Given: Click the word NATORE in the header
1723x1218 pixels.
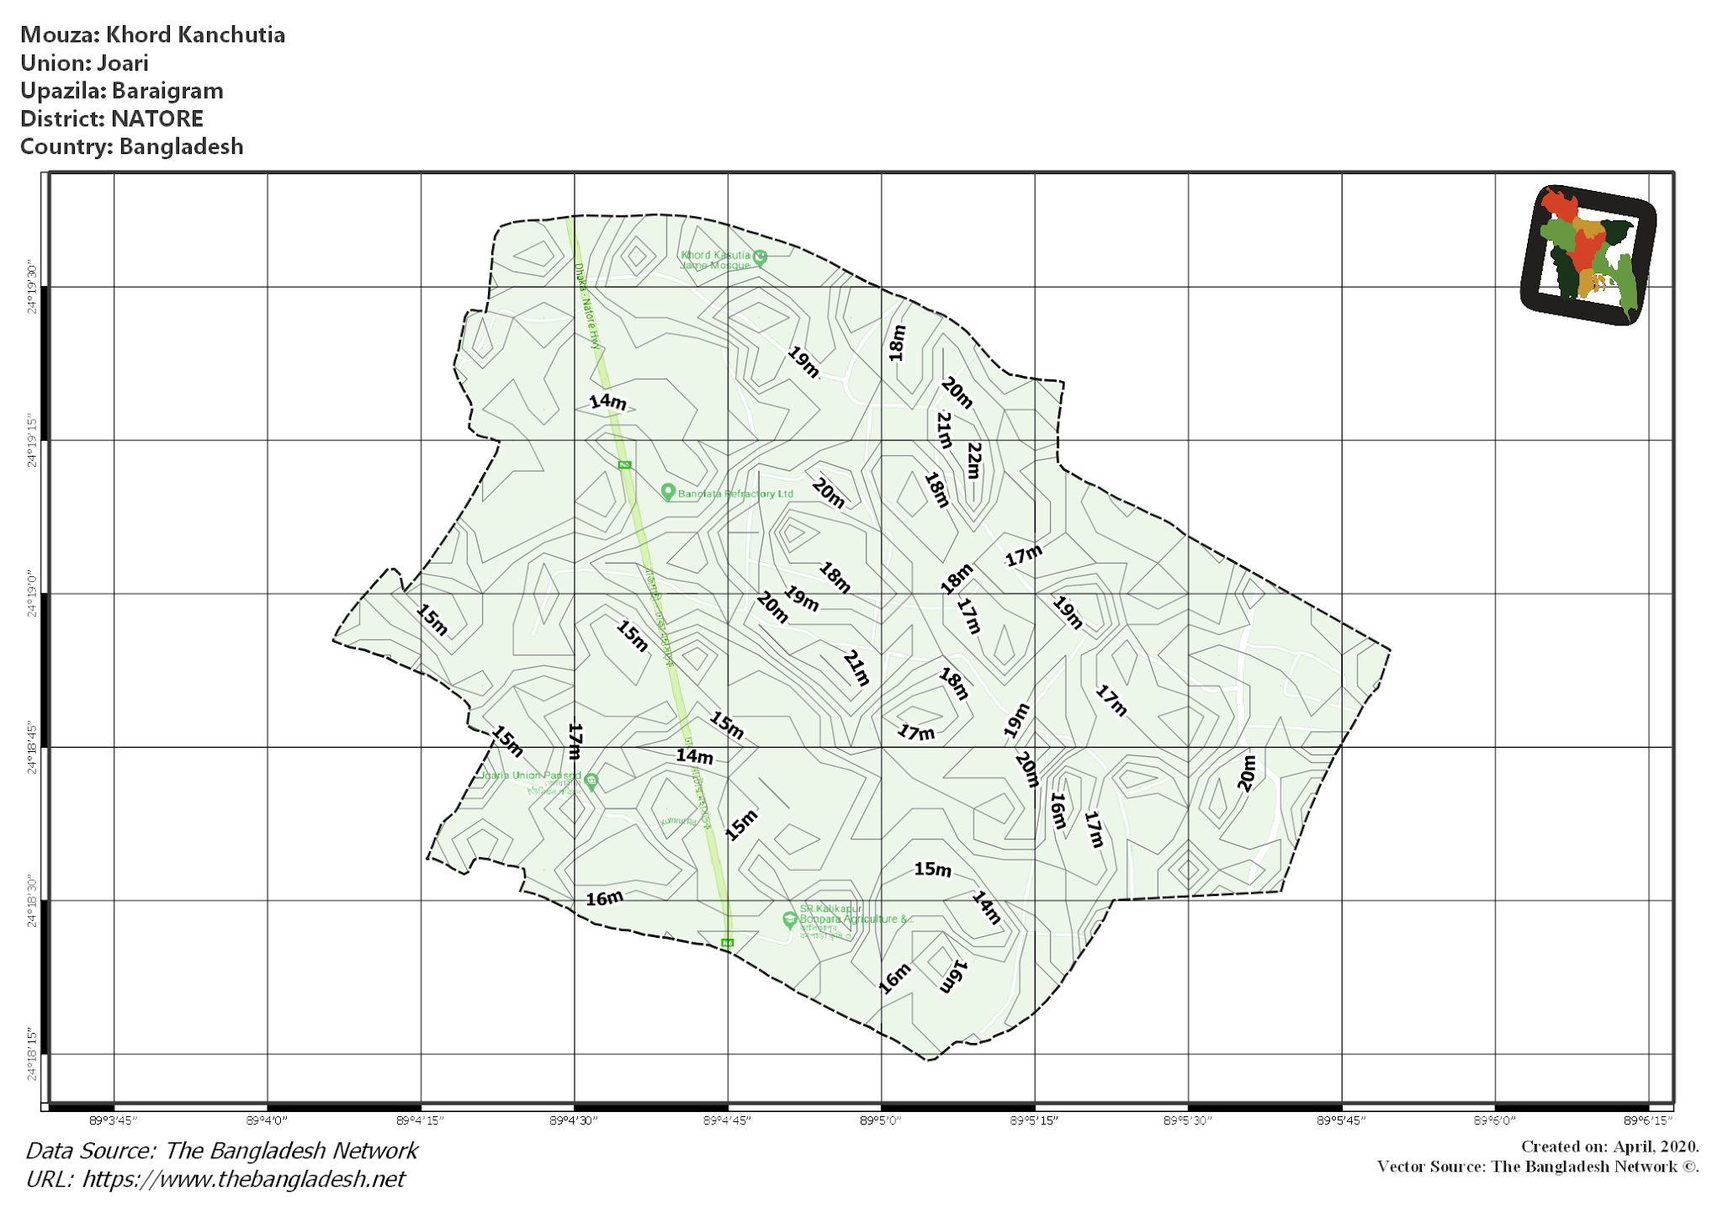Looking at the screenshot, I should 157,119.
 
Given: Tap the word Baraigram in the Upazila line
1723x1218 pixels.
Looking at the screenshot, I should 167,91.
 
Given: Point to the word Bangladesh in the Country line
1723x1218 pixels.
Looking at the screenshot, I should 181,146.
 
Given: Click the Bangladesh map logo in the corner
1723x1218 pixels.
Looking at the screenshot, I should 1588,255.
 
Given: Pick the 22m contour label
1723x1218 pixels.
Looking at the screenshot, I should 974,460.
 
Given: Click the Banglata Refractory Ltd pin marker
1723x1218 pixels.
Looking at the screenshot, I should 668,491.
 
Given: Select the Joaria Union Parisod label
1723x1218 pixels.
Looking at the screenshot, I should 530,776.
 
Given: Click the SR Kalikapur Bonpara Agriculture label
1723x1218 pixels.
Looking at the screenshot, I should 854,914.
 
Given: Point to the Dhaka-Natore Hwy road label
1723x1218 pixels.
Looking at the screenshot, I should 588,305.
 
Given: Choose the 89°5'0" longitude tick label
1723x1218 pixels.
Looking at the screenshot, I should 881,1120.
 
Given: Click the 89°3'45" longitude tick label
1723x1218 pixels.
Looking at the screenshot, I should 113,1120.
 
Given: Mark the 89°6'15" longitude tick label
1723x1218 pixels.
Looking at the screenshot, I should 1648,1120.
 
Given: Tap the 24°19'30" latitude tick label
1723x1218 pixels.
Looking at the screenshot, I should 32,287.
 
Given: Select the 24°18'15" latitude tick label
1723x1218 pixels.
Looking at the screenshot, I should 32,1054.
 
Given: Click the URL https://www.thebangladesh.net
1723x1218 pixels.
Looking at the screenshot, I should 243,1179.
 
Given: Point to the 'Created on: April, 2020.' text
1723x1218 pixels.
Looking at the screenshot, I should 1609,1147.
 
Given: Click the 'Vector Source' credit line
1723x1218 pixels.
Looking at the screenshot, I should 1537,1167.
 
